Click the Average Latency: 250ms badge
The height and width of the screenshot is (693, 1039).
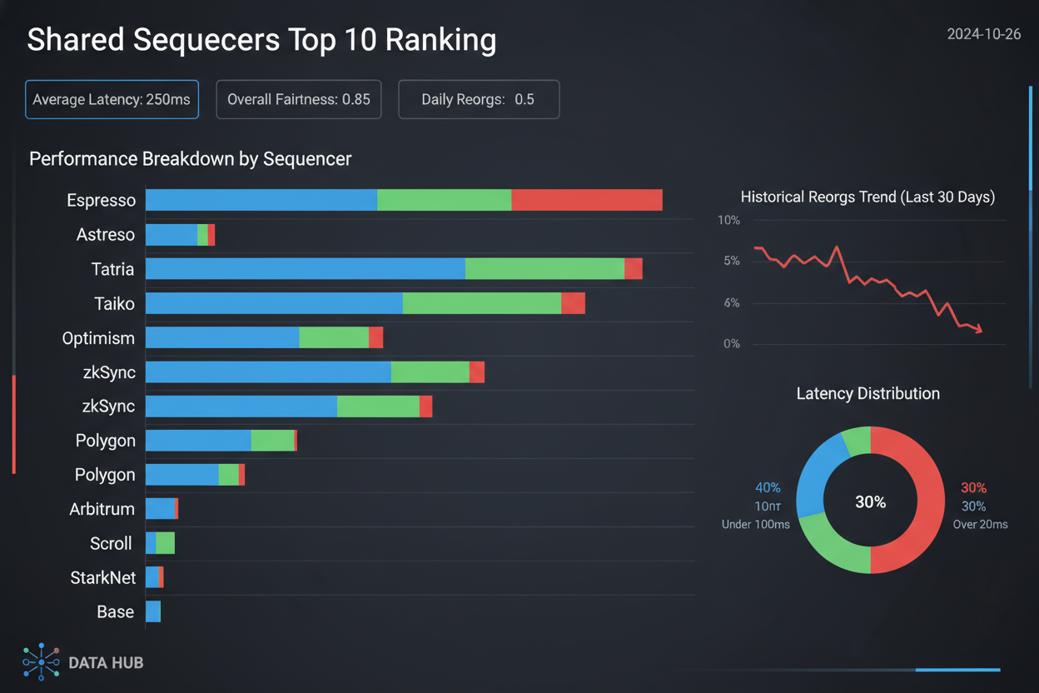pyautogui.click(x=112, y=100)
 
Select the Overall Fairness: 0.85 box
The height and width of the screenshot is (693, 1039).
pyautogui.click(x=299, y=100)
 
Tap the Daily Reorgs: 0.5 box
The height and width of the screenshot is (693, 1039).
pyautogui.click(x=479, y=100)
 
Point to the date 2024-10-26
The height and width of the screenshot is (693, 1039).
pyautogui.click(x=983, y=35)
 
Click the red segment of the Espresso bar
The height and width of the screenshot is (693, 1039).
pyautogui.click(x=586, y=200)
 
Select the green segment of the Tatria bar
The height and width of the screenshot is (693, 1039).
pyautogui.click(x=544, y=269)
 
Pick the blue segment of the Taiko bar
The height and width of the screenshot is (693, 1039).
pyautogui.click(x=274, y=303)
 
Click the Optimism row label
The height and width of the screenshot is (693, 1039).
pyautogui.click(x=98, y=338)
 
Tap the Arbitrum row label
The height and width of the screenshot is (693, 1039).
pyautogui.click(x=102, y=509)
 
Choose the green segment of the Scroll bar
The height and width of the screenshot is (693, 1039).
pyautogui.click(x=165, y=543)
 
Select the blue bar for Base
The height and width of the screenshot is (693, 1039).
pyautogui.click(x=152, y=611)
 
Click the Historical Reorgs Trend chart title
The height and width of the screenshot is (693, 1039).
pyautogui.click(x=867, y=197)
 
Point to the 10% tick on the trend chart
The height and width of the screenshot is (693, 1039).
pyautogui.click(x=728, y=221)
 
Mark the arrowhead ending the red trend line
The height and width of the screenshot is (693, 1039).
pyautogui.click(x=979, y=329)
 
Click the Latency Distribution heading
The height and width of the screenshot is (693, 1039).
pyautogui.click(x=867, y=393)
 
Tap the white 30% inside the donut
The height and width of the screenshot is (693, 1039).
pyautogui.click(x=870, y=502)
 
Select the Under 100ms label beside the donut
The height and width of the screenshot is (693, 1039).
pyautogui.click(x=755, y=525)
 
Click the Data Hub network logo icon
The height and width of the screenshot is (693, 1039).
pyautogui.click(x=41, y=662)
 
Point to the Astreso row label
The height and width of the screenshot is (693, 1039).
pyautogui.click(x=105, y=235)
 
